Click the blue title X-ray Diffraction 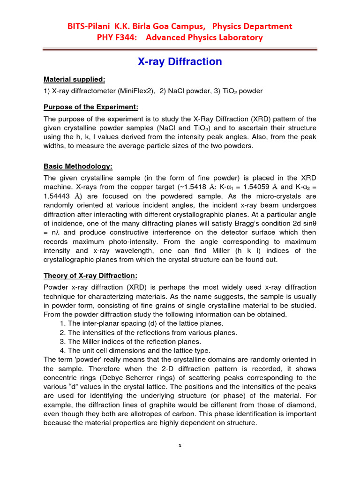click(180, 62)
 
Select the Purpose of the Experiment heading click(90, 107)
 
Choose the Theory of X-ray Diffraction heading click(90, 275)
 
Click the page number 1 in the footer click(180, 446)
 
